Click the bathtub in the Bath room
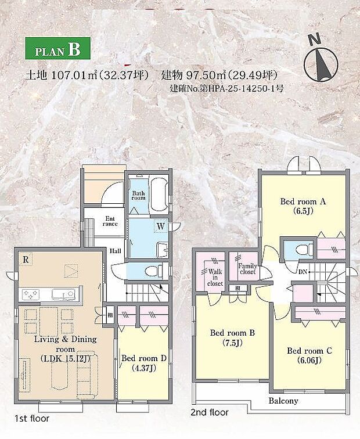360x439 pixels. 158,195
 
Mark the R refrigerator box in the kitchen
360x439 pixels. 26,260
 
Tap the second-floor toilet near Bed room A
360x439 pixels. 300,250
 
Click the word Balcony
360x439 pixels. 283,401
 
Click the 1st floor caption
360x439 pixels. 33,418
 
